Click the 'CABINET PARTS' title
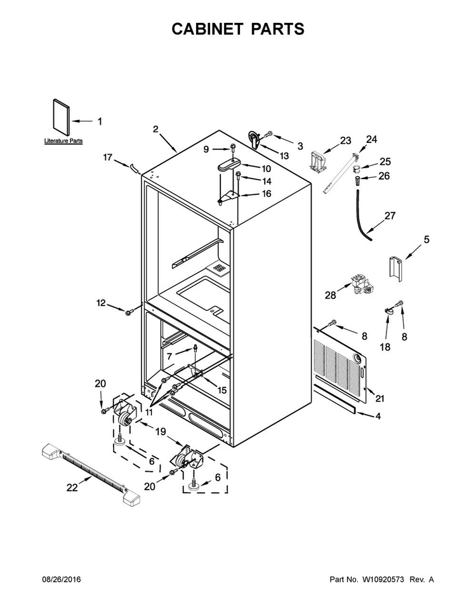coord(238,29)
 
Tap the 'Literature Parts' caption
coord(63,140)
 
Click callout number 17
coord(108,157)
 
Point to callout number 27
coord(390,216)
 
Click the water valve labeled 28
coord(361,285)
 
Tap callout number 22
coord(72,488)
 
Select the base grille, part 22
coord(91,474)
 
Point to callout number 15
coord(222,390)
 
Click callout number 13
coord(284,156)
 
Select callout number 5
coord(426,239)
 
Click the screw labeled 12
coord(128,312)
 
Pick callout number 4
coord(378,416)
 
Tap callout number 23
coord(345,140)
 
